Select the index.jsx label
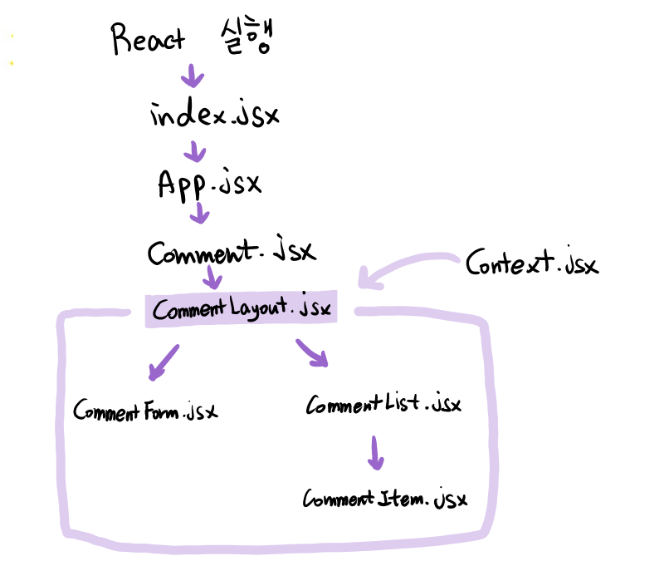pyautogui.click(x=214, y=116)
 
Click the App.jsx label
pyautogui.click(x=209, y=184)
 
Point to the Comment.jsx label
pyautogui.click(x=232, y=252)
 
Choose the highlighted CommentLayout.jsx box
pyautogui.click(x=242, y=309)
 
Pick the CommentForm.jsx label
pyautogui.click(x=145, y=411)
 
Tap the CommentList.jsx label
pyautogui.click(x=383, y=406)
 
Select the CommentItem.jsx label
pyautogui.click(x=384, y=500)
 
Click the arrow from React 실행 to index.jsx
pyautogui.click(x=193, y=76)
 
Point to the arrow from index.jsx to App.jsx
pyautogui.click(x=196, y=151)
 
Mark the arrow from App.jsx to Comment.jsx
pyautogui.click(x=199, y=214)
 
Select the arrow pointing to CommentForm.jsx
pyautogui.click(x=164, y=362)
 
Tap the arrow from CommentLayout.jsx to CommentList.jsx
pyautogui.click(x=312, y=353)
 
